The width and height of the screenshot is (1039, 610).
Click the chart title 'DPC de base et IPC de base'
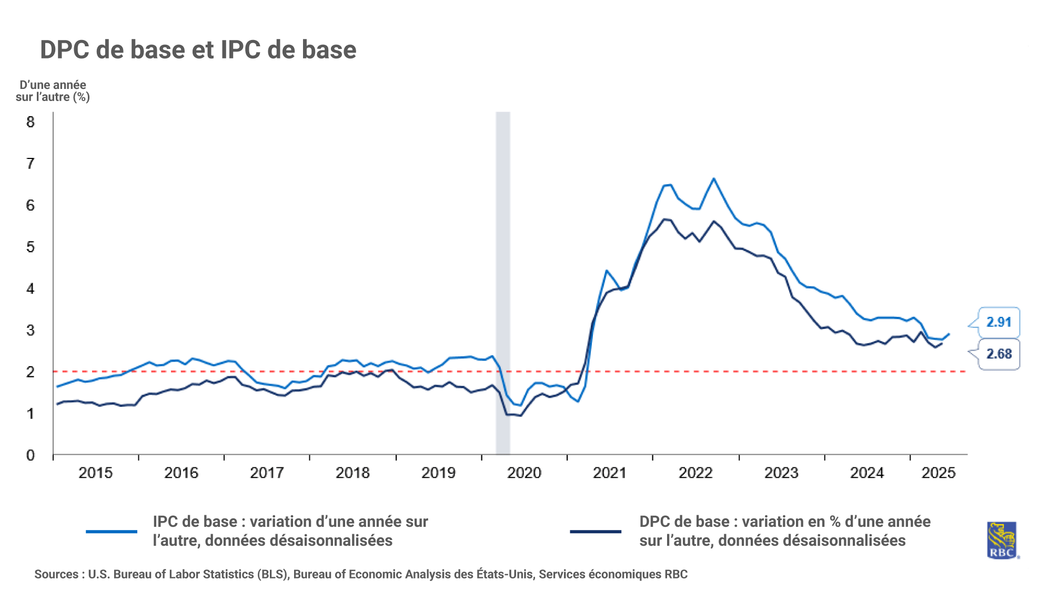(x=198, y=51)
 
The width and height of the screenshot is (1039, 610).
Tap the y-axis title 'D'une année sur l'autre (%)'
(x=53, y=91)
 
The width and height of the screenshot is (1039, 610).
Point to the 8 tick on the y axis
(x=31, y=122)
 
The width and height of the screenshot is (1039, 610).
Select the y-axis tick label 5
(x=31, y=247)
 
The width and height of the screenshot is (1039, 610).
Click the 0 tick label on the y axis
(x=31, y=455)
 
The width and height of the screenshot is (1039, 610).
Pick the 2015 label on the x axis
(x=95, y=473)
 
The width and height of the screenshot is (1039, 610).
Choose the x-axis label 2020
(x=524, y=473)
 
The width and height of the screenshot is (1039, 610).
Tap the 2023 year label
(x=781, y=473)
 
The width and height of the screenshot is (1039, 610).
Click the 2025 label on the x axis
(x=939, y=473)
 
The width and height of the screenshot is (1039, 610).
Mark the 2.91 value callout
(x=998, y=322)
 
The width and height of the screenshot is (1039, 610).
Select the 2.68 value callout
(x=998, y=354)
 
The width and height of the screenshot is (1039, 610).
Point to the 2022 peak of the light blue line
(x=714, y=179)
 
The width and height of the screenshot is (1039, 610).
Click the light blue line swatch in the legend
(x=112, y=532)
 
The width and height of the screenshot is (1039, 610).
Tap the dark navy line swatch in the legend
(x=596, y=532)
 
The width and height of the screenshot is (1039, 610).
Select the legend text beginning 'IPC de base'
(x=290, y=531)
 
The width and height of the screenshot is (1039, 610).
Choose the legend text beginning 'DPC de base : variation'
(x=785, y=531)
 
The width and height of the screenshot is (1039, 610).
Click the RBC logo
(x=1002, y=540)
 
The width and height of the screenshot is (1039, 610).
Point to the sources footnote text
(x=361, y=574)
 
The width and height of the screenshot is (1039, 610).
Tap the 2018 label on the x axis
(x=352, y=473)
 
